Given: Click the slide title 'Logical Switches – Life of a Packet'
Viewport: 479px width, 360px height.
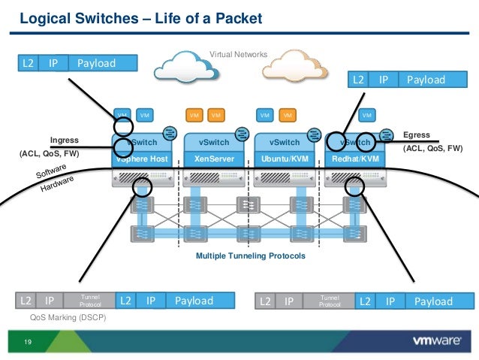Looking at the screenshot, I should click(140, 17).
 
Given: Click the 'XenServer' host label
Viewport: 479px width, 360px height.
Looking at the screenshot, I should click(214, 159).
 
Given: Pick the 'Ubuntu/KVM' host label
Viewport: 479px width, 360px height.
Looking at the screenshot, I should click(285, 159).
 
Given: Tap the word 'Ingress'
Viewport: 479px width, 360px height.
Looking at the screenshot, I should click(64, 140).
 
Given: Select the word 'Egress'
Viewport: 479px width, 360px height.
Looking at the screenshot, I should click(417, 135).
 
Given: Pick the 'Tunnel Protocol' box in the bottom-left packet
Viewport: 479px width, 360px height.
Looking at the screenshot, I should click(89, 301).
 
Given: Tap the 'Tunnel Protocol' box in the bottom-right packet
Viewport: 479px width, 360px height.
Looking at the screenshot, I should click(330, 301).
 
